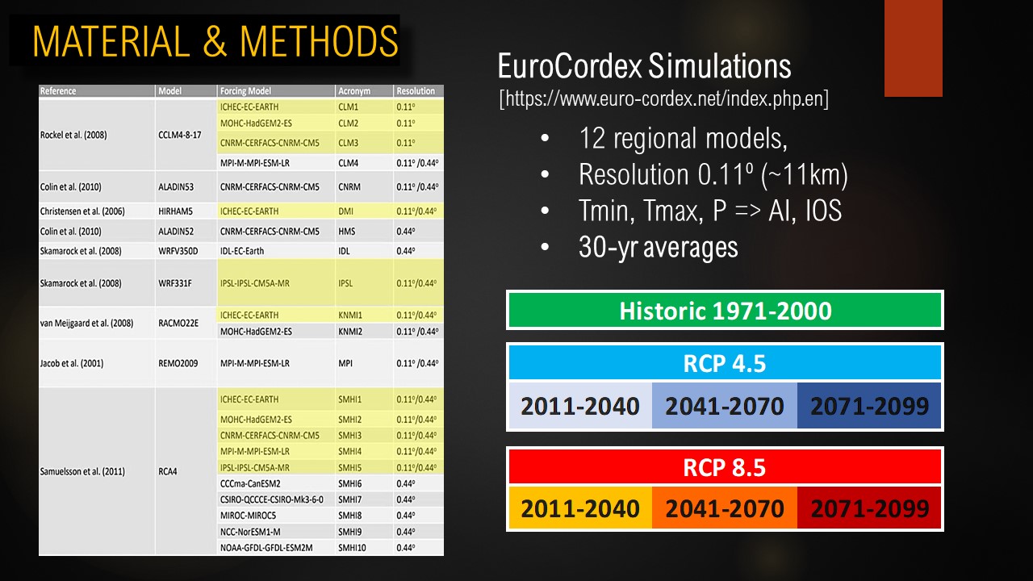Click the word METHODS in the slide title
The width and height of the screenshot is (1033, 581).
pos(319,41)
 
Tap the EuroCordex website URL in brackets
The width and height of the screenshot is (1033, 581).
pos(663,98)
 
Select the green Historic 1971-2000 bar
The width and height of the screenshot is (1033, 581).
pos(725,310)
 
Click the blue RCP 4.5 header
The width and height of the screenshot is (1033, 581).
pos(725,363)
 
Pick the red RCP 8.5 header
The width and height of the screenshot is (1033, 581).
pos(725,467)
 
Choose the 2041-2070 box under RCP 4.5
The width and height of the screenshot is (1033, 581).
pos(725,406)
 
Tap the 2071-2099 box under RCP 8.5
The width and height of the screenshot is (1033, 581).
pos(869,508)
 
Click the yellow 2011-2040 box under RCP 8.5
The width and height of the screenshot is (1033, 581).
pos(580,508)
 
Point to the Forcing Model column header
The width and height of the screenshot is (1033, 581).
pos(245,91)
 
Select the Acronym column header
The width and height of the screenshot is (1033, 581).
pos(354,91)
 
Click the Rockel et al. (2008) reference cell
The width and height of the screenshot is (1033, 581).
pos(73,135)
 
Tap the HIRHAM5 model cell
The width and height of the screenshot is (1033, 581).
pos(176,211)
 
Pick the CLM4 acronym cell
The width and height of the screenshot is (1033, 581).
pos(348,163)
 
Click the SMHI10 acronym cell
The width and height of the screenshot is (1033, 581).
pos(352,548)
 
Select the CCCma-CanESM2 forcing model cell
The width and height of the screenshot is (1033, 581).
pos(250,483)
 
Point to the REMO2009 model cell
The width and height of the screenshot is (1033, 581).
pos(178,363)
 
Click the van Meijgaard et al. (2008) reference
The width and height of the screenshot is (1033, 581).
pos(86,324)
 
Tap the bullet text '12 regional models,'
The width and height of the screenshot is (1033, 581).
pos(683,138)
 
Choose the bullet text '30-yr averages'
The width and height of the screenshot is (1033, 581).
pos(658,247)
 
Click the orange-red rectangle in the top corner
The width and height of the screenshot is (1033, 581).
pos(913,48)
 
